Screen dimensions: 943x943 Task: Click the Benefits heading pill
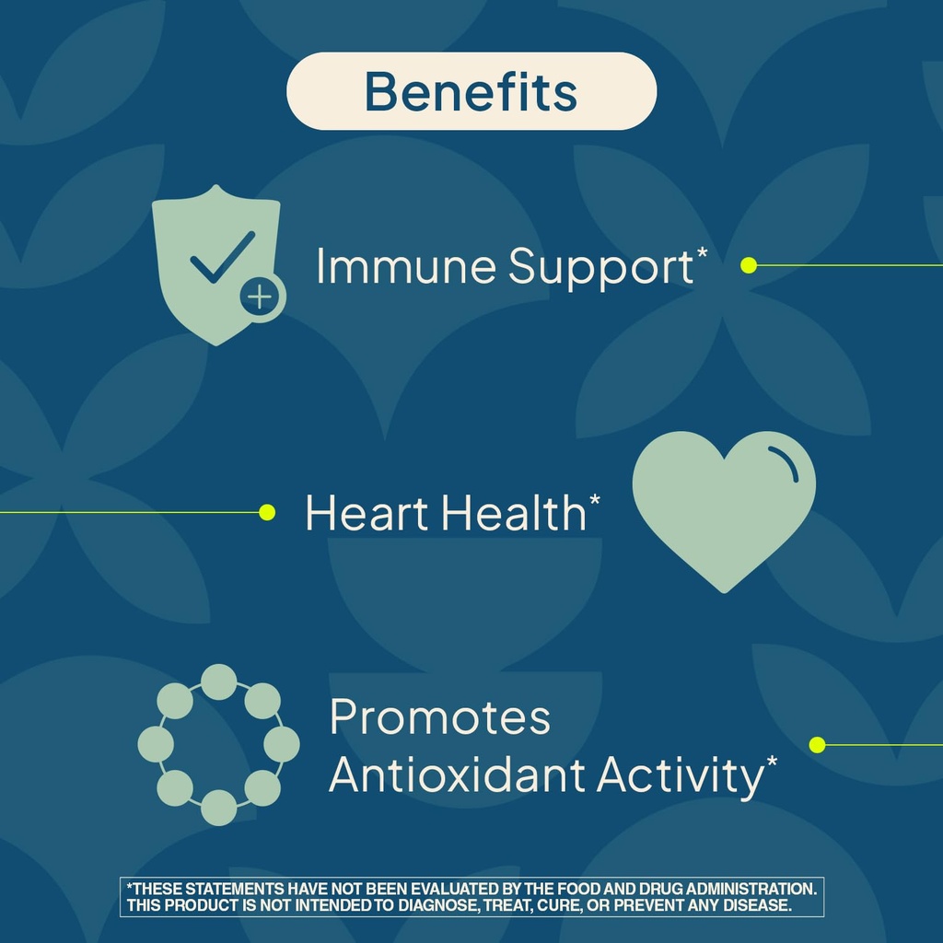(471, 91)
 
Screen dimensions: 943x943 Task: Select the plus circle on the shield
(262, 297)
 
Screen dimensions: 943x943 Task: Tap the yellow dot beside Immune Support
(749, 265)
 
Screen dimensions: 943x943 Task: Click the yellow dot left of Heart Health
(267, 512)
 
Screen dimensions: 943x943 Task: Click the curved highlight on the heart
(785, 460)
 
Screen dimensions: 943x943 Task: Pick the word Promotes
(440, 718)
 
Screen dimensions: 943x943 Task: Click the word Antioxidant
(458, 775)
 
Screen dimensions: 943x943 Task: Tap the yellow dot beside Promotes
(817, 744)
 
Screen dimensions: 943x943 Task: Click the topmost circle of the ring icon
(218, 681)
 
